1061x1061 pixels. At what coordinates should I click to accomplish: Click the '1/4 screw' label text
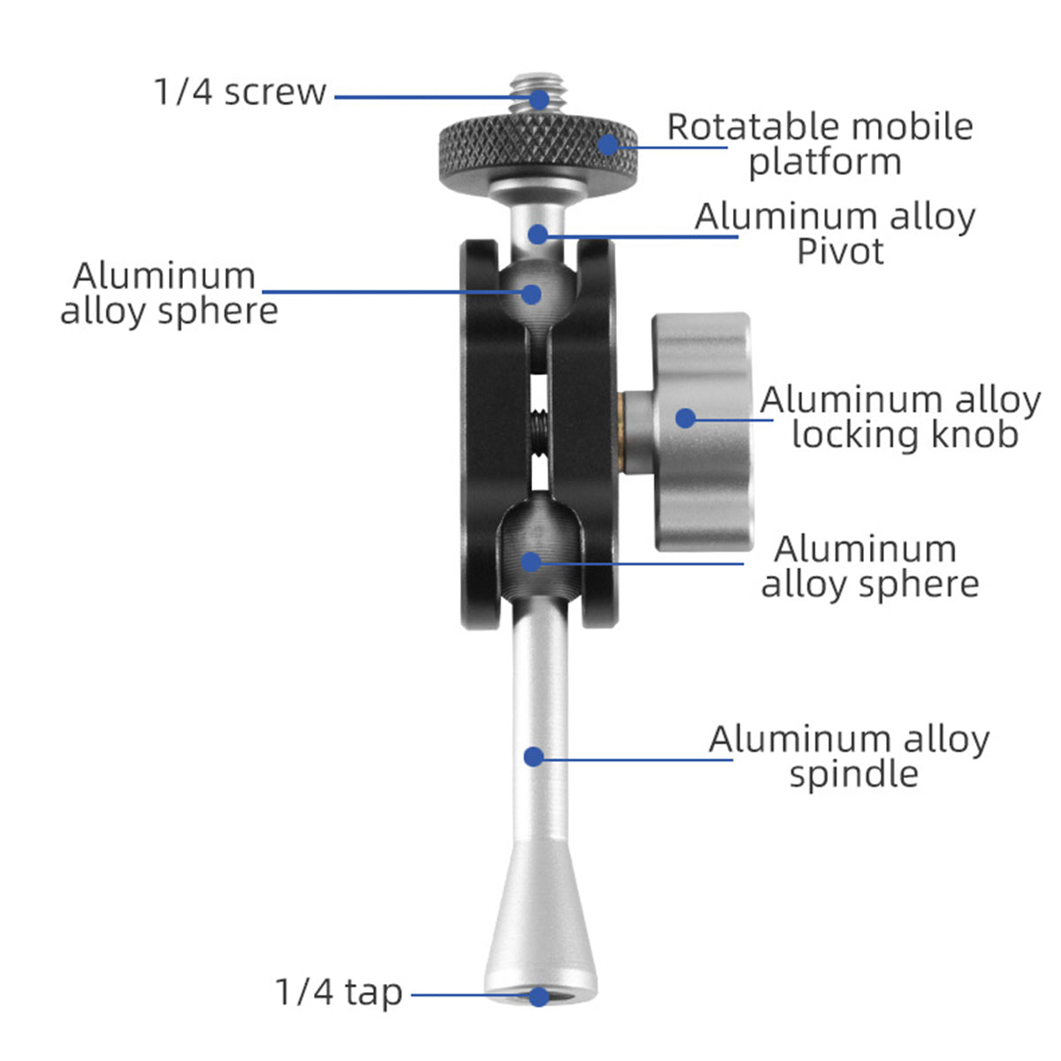point(240,92)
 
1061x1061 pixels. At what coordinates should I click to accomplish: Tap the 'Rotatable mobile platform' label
point(820,144)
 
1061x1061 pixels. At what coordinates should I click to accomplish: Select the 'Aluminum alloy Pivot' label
point(835,233)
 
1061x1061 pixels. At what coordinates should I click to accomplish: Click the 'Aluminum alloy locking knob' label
point(900,416)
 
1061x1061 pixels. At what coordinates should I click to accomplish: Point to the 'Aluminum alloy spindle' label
point(849,757)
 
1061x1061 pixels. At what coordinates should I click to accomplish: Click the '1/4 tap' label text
point(339,992)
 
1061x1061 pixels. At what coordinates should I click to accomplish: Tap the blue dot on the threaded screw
point(539,100)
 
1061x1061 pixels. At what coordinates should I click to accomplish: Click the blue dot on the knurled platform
point(607,145)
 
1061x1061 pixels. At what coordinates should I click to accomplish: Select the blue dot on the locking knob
point(685,418)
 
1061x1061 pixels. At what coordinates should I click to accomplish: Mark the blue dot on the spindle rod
point(533,757)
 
